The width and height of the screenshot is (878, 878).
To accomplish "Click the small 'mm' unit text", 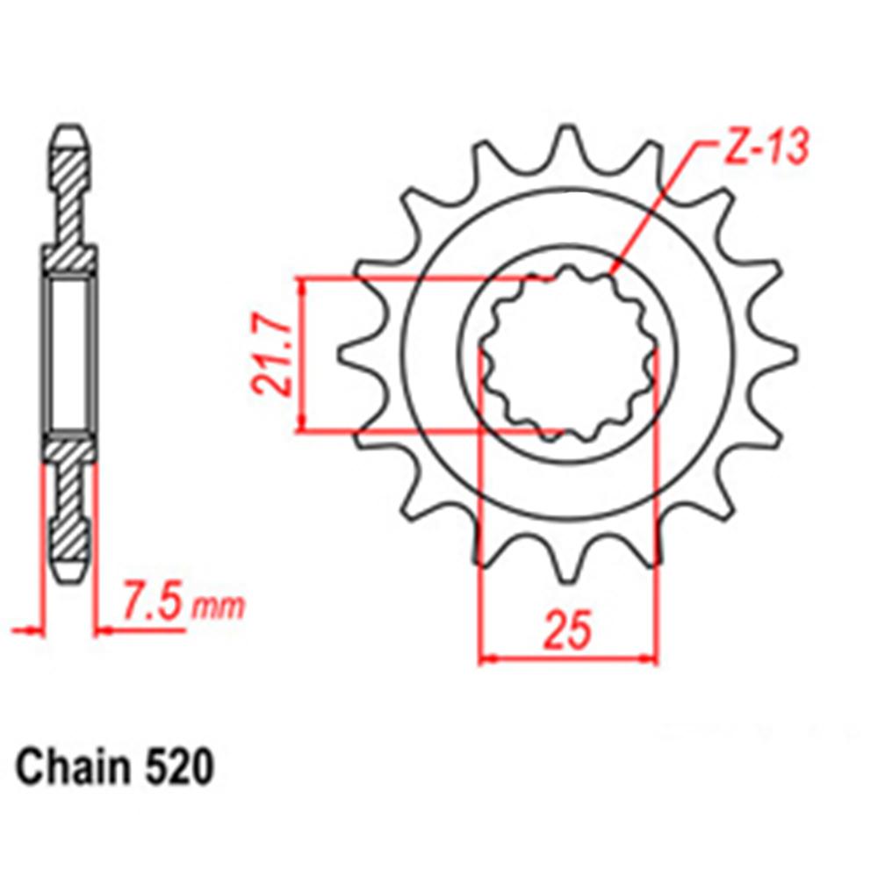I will point(219,608).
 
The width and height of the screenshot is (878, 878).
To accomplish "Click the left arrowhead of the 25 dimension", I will point(486,657).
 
